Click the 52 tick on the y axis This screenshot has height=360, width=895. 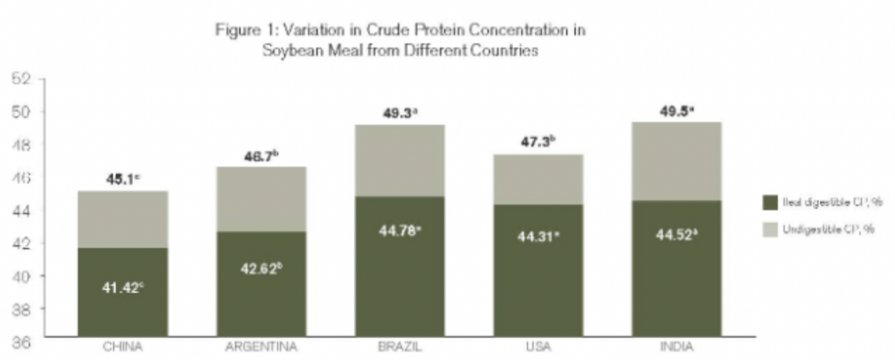click(21, 80)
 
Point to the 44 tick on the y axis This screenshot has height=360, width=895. click(21, 211)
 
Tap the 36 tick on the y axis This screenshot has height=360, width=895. click(21, 343)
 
